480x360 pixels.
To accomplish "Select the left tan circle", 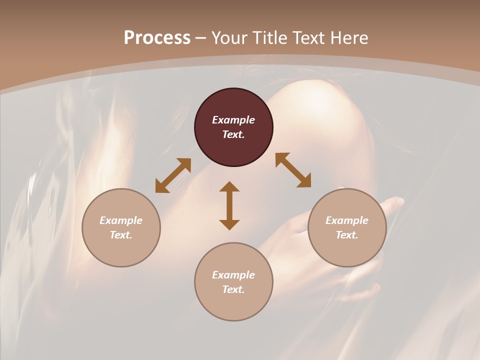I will click(x=121, y=250).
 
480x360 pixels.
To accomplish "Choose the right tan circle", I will click(x=347, y=250).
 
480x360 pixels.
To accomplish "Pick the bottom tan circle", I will click(x=233, y=305).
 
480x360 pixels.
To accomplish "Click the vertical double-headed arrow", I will click(x=229, y=205).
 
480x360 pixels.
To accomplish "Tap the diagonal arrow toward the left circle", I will click(x=173, y=175).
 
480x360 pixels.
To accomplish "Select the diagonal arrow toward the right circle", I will click(x=293, y=170).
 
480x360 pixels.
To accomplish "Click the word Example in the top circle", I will click(x=233, y=120).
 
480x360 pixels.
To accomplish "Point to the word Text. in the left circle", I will click(x=121, y=235).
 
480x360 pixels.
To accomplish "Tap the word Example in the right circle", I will click(x=347, y=220).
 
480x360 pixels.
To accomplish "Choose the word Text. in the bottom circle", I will click(x=233, y=289).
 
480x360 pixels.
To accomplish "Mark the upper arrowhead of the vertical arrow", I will click(x=229, y=187).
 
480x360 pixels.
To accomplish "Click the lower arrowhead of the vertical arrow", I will click(x=229, y=224).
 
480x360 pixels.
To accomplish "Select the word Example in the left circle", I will click(x=121, y=220).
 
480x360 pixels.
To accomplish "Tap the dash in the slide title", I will click(x=200, y=38).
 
